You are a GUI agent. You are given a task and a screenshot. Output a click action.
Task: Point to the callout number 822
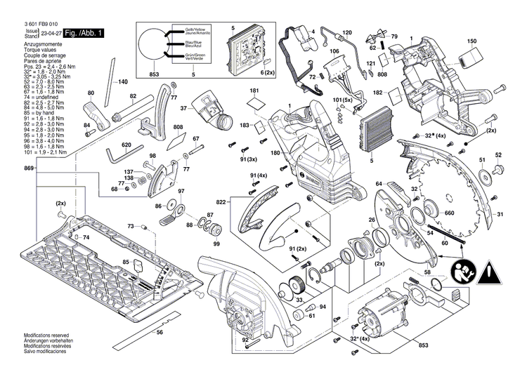[x=222, y=201]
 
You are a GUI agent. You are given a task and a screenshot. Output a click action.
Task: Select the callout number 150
[x=471, y=41]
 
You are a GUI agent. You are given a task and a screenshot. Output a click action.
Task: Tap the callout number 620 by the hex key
[x=126, y=145]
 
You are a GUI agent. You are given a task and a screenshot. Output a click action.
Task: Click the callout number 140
[x=123, y=81]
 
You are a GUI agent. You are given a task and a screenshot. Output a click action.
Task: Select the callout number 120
[x=346, y=33]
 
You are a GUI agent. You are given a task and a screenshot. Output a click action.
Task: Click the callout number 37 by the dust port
[x=183, y=109]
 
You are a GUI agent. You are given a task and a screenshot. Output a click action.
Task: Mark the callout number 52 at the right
[x=498, y=155]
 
